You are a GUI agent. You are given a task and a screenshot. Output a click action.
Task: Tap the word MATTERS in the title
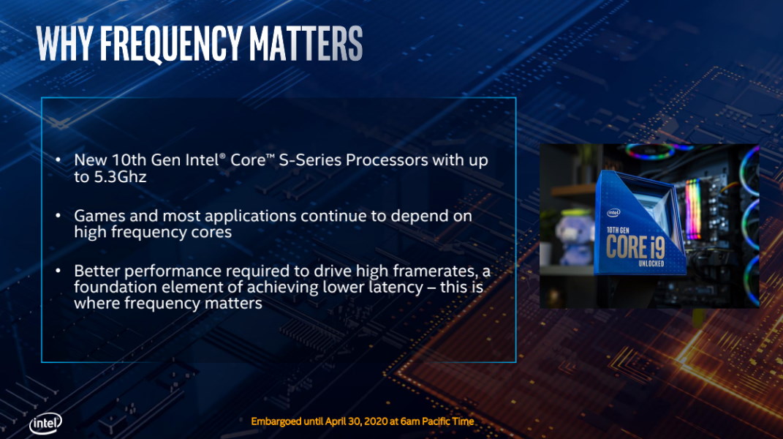tap(306, 43)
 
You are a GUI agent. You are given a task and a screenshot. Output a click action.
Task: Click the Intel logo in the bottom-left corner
tap(45, 424)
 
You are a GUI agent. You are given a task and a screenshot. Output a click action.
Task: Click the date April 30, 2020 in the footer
tap(357, 421)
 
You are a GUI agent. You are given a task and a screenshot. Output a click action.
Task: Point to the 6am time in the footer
tap(410, 421)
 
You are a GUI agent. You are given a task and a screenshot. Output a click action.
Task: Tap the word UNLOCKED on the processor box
tap(651, 263)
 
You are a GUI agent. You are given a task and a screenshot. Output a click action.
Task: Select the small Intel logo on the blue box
tap(613, 213)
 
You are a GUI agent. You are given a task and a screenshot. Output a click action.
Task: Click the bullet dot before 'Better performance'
tap(58, 271)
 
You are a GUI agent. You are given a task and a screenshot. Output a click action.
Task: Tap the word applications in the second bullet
tap(250, 217)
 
